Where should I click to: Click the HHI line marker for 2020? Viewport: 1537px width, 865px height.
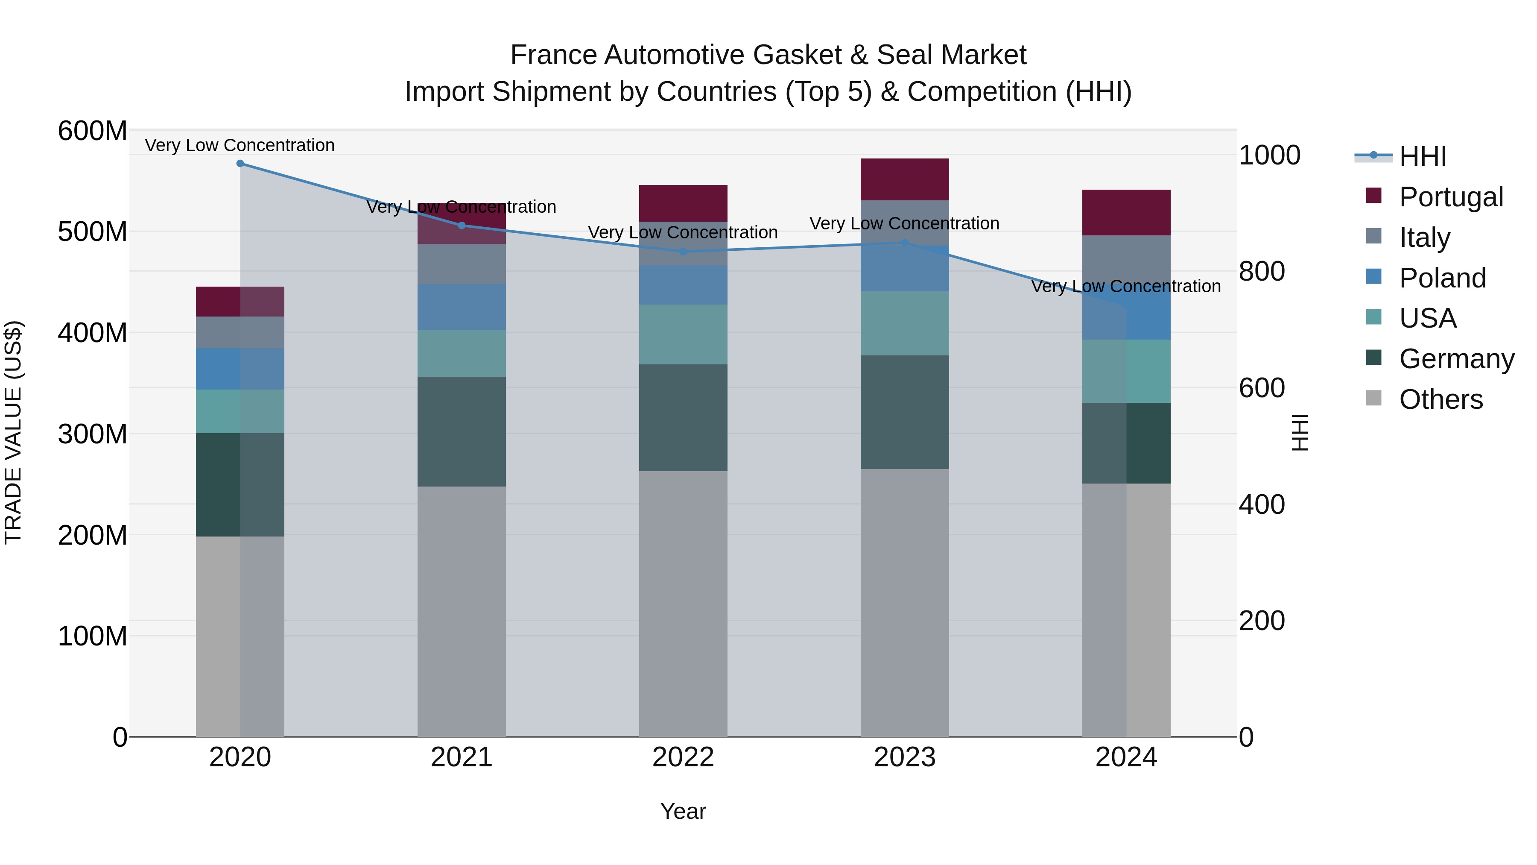tap(240, 164)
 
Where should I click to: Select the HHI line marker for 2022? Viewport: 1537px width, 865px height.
tap(683, 251)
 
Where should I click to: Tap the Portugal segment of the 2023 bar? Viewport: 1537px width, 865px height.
tap(905, 179)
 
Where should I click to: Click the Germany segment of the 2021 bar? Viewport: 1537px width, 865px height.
tap(461, 431)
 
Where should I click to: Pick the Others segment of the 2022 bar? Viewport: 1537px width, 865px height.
tap(683, 603)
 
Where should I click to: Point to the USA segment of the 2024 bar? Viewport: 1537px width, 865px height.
tap(1126, 371)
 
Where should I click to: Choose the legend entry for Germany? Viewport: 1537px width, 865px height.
tap(1456, 359)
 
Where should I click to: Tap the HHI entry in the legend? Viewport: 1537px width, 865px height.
tap(1423, 156)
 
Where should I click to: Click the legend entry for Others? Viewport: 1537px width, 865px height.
tap(1441, 399)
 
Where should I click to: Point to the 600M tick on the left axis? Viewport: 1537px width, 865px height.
tap(93, 131)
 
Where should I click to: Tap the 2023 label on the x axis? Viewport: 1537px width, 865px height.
tap(905, 757)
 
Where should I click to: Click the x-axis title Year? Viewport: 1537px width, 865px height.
tap(683, 811)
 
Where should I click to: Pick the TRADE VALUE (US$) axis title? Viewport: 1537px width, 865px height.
tap(13, 432)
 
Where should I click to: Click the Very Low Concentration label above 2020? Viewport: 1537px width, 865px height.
tap(240, 145)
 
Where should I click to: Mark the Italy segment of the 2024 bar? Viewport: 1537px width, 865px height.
tap(1126, 263)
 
